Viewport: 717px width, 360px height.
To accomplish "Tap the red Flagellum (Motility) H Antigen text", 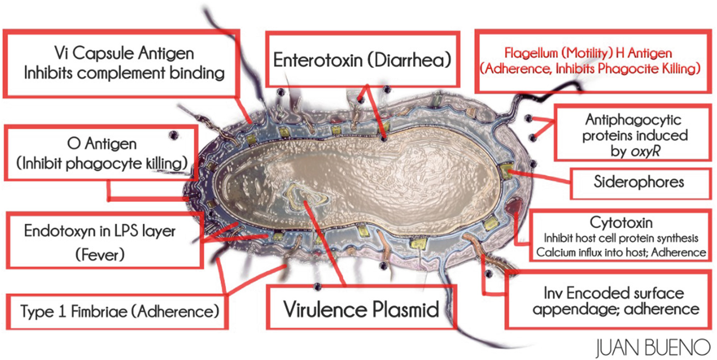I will click(588, 53).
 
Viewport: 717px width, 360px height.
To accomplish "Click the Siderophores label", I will click(639, 183).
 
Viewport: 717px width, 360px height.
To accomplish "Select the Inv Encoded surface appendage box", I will click(610, 300).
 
